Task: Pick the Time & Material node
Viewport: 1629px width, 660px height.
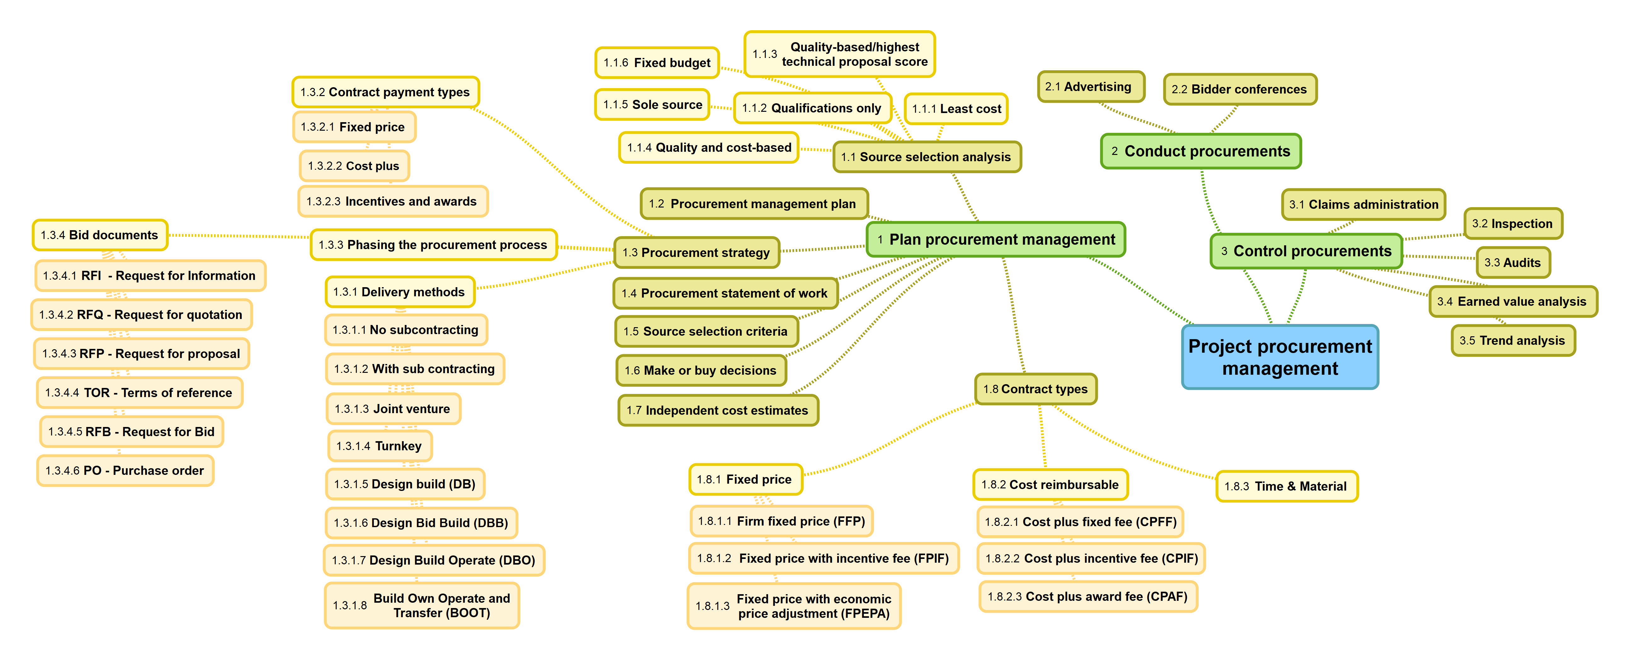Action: click(1286, 486)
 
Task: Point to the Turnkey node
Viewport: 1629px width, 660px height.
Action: click(379, 446)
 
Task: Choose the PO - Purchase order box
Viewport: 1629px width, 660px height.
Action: click(125, 470)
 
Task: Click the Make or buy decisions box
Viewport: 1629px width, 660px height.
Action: click(701, 370)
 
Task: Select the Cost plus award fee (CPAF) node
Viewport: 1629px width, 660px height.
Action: click(1088, 596)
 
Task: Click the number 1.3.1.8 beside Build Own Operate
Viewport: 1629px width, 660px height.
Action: click(350, 606)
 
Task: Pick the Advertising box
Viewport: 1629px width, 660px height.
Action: click(1090, 87)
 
